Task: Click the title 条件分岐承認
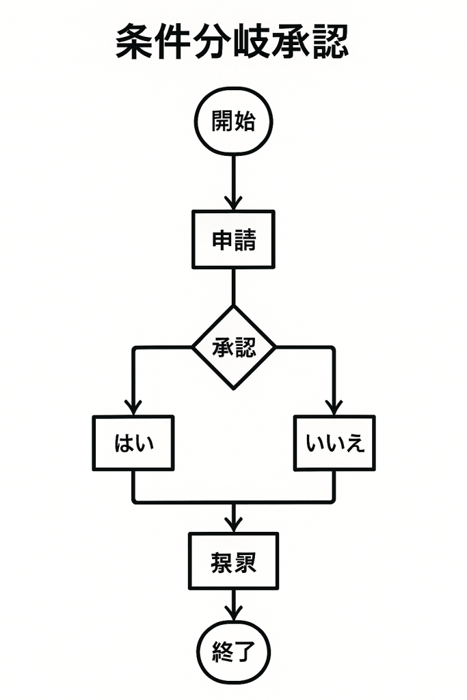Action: pos(232,42)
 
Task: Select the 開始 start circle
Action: pos(234,122)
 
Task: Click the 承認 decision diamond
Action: pos(234,347)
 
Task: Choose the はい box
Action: pos(133,443)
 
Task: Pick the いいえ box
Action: pos(334,443)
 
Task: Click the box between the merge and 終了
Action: pos(234,561)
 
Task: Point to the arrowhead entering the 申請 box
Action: pos(234,203)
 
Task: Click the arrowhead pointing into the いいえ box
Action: pos(334,408)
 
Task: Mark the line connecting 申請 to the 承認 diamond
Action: pos(234,286)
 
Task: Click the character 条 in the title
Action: pos(134,42)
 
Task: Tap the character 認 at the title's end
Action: pos(330,42)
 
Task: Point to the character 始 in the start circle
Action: pos(245,122)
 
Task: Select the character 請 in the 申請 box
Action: pos(245,239)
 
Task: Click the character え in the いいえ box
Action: pos(354,444)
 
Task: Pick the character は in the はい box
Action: pos(124,444)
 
